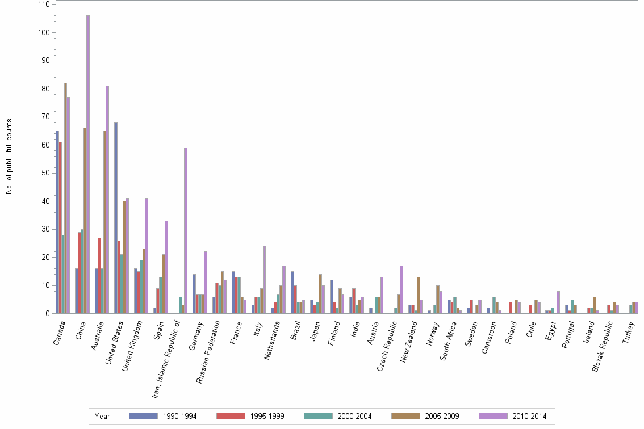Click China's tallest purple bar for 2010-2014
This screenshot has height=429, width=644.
88,165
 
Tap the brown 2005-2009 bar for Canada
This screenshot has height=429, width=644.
65,198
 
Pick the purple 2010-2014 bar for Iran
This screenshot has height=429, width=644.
186,230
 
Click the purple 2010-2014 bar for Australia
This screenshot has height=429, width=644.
107,199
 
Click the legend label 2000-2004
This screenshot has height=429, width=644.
355,417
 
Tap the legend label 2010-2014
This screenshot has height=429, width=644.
529,417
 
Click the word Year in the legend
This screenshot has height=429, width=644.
103,417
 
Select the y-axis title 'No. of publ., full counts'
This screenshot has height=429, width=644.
9,156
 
